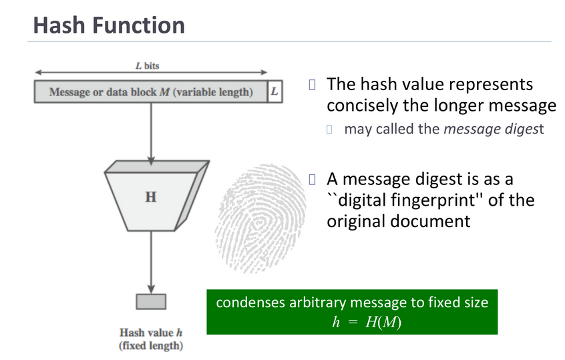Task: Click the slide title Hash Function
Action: (x=109, y=25)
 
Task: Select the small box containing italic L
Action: (x=274, y=92)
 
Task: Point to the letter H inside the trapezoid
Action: (x=151, y=198)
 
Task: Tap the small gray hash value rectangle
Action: (x=151, y=301)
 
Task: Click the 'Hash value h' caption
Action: (x=150, y=333)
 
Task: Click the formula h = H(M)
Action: (x=367, y=321)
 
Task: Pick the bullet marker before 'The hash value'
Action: (x=311, y=84)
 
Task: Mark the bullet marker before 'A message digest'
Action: (x=311, y=179)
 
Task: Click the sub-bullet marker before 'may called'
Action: (x=329, y=129)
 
